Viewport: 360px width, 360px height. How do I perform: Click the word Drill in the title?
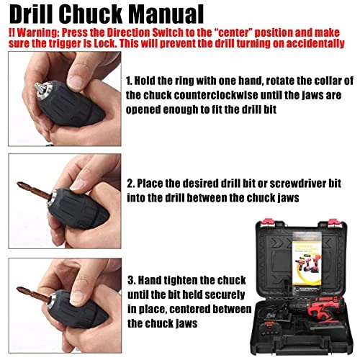[34, 14]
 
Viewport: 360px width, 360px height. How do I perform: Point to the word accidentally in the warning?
[323, 45]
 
